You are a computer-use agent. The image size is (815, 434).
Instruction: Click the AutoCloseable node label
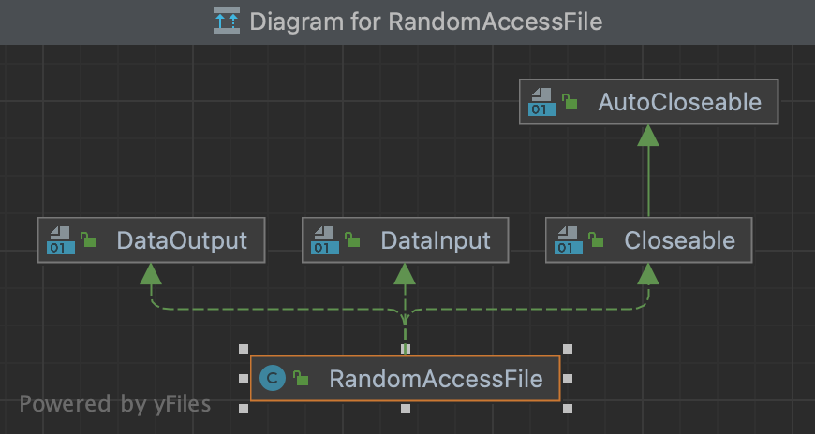tap(679, 102)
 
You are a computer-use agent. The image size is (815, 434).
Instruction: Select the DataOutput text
tap(182, 240)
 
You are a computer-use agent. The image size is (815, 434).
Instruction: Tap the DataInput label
tap(436, 240)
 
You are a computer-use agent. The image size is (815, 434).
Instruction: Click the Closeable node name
tap(679, 240)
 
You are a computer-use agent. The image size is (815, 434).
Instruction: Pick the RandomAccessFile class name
tap(436, 379)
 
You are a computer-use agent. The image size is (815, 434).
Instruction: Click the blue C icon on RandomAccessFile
tap(272, 379)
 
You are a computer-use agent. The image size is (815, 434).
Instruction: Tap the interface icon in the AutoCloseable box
tap(542, 102)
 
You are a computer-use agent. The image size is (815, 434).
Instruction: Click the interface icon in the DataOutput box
tap(61, 240)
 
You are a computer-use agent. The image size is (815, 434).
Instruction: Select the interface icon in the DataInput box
tap(325, 240)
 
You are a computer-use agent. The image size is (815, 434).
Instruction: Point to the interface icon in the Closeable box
tap(569, 240)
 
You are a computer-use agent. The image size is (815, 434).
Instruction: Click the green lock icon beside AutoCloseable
tap(570, 102)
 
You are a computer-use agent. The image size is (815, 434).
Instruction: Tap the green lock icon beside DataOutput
tap(88, 240)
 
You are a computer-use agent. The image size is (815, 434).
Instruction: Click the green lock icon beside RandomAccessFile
tap(301, 379)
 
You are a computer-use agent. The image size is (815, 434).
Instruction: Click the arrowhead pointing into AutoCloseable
tap(648, 136)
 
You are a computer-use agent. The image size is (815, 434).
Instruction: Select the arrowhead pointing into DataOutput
tap(151, 273)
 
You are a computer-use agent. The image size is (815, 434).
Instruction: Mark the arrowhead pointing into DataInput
tap(405, 273)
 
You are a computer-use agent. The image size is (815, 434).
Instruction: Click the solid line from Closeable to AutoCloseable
tap(648, 182)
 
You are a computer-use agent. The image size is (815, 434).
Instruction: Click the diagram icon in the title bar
tap(226, 22)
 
